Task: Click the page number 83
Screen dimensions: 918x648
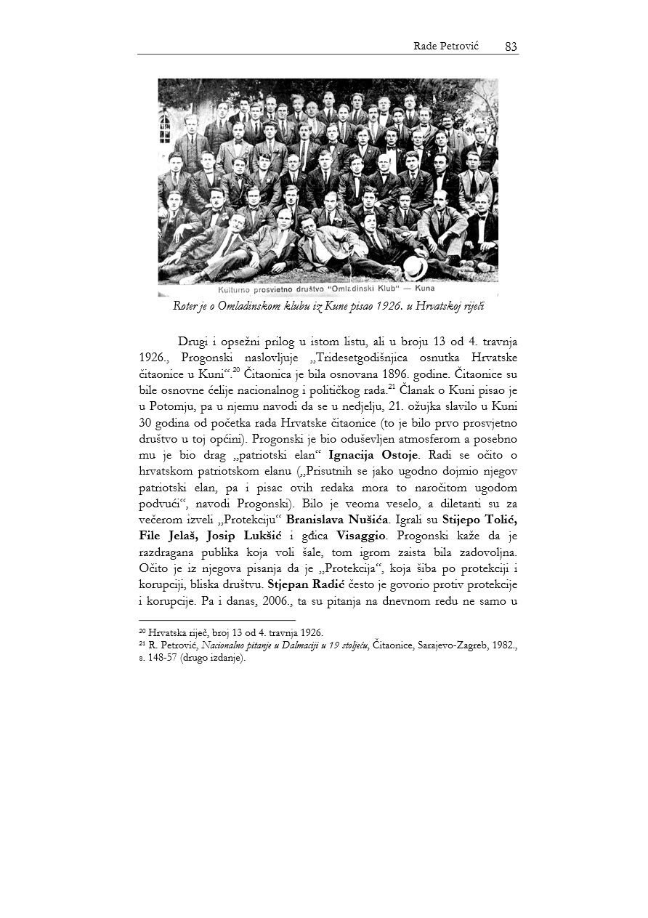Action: point(511,47)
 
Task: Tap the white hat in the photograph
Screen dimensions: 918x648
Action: point(416,267)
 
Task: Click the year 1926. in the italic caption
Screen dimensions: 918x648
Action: point(383,306)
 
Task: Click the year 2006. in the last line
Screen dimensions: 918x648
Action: point(285,600)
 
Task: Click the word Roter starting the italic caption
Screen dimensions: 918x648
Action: point(185,306)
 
